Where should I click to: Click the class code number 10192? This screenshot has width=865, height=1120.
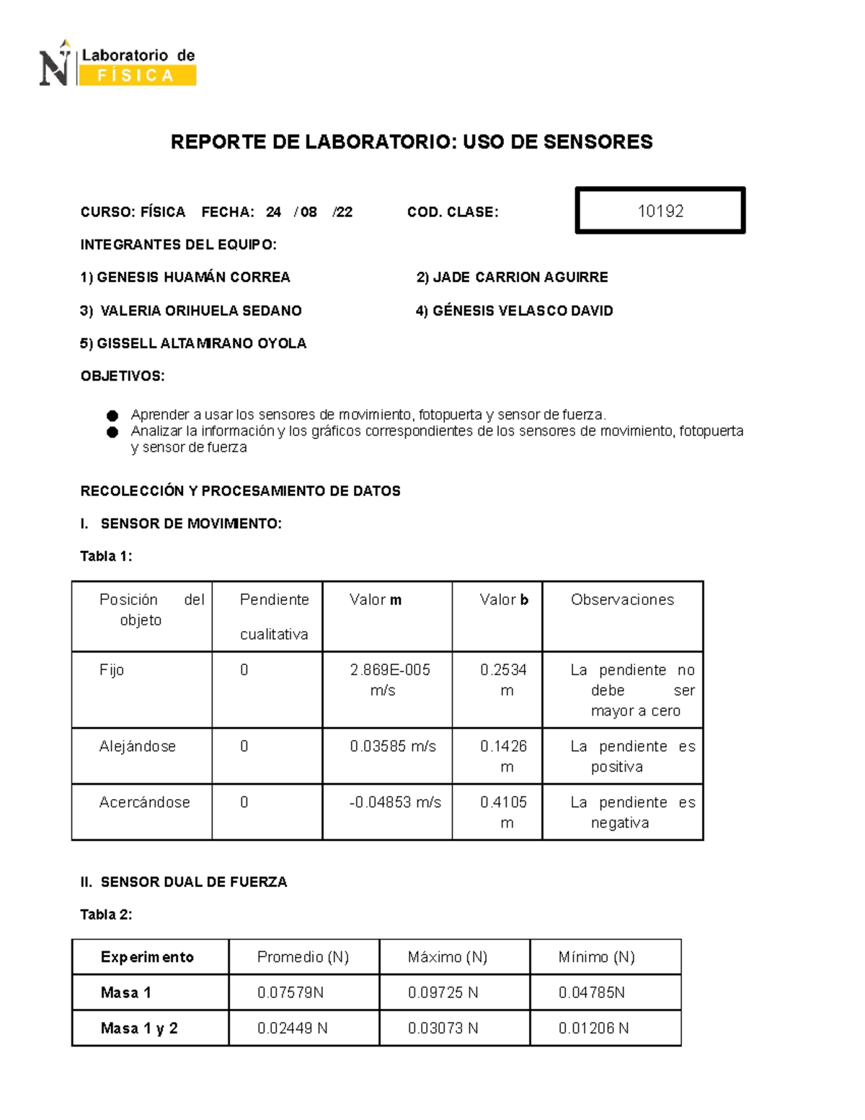[x=660, y=211]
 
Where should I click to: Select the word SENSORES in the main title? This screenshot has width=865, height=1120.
[x=598, y=142]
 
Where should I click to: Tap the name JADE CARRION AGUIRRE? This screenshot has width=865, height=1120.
[x=513, y=278]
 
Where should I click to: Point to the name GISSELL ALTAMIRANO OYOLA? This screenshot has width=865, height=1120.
[x=193, y=343]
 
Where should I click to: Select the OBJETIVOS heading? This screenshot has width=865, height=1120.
[x=123, y=376]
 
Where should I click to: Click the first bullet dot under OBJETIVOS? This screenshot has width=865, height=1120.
[x=112, y=415]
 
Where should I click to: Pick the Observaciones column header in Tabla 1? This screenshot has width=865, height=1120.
[x=622, y=600]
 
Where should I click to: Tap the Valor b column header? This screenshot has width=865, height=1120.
[x=504, y=600]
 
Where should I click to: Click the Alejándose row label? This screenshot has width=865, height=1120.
[x=138, y=746]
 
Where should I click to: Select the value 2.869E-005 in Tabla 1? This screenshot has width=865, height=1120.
[x=390, y=670]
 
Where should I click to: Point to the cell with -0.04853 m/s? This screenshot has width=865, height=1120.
[x=395, y=803]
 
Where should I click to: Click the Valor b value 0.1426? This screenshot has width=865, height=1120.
[x=503, y=746]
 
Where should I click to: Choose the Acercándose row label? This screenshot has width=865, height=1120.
[x=144, y=803]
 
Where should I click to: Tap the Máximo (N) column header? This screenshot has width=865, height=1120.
[x=448, y=957]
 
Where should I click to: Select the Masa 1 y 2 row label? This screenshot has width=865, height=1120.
[x=139, y=1028]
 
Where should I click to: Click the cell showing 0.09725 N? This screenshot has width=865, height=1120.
[x=443, y=993]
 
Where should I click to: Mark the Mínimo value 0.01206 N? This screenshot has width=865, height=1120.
[x=593, y=1028]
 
